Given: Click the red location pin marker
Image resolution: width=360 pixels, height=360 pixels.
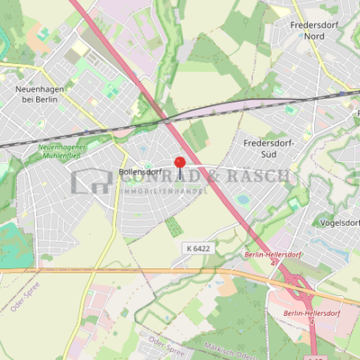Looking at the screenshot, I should pyautogui.click(x=179, y=163).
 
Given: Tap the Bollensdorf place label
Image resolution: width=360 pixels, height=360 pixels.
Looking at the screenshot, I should pyautogui.click(x=139, y=172).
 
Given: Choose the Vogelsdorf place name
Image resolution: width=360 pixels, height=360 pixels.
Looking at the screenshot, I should pyautogui.click(x=339, y=221).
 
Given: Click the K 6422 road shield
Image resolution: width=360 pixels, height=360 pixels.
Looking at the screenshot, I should pyautogui.click(x=200, y=247).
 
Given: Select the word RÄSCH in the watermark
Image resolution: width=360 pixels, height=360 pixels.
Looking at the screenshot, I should pyautogui.click(x=261, y=176).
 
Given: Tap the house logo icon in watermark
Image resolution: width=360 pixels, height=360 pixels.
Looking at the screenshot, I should pyautogui.click(x=91, y=181).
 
